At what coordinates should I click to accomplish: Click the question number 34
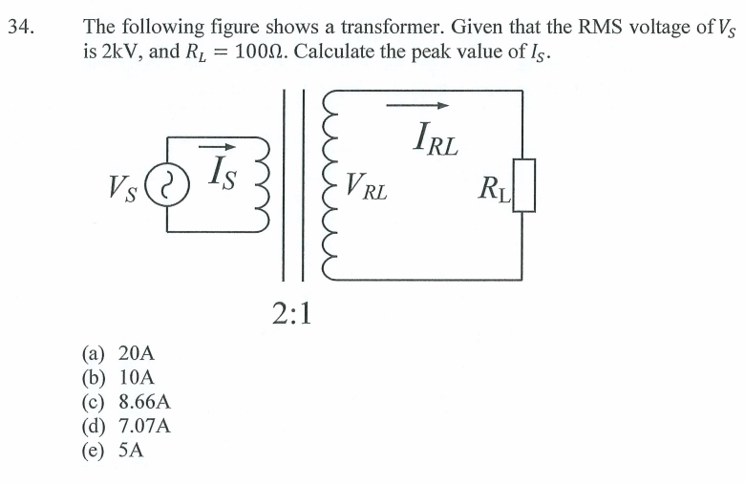pyautogui.click(x=20, y=28)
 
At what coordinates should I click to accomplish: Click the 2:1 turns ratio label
pyautogui.click(x=292, y=313)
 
